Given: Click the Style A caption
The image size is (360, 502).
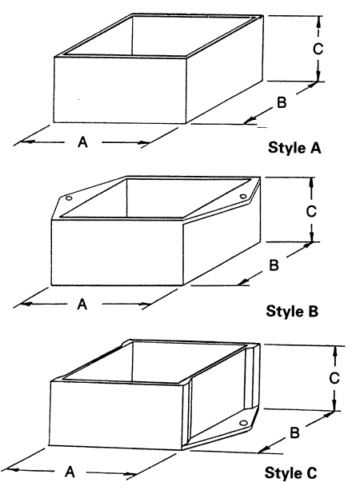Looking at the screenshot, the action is coord(294,148).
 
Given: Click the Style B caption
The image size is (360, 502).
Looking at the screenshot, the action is coord(292,311).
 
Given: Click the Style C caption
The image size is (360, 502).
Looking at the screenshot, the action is coord(291,472).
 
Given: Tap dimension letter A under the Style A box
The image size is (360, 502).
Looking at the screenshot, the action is coord(82,141).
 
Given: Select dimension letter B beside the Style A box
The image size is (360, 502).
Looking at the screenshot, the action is coord(282,102).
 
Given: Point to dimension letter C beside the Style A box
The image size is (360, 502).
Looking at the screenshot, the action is coord(318,49).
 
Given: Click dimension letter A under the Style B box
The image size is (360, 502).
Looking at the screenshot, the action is coord(82,304).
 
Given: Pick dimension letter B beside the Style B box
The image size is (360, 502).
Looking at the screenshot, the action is coord(274,265).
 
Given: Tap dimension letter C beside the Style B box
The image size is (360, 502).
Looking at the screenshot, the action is coord(311,211).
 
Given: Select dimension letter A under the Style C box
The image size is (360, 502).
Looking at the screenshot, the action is coord(70,472).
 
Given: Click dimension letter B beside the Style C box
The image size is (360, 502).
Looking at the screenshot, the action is coord(294,432).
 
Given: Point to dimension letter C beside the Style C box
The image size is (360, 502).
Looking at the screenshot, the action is coord(334,378).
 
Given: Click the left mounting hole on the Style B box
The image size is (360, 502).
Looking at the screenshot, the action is coord(69,198).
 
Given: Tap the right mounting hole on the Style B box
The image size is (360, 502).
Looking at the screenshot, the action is coord(243,197).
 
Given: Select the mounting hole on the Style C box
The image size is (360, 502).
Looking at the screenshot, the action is coord(244,423).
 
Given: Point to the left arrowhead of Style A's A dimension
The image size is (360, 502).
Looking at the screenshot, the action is coord(25,141).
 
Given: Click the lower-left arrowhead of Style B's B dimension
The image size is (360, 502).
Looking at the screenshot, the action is coord(244,282).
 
